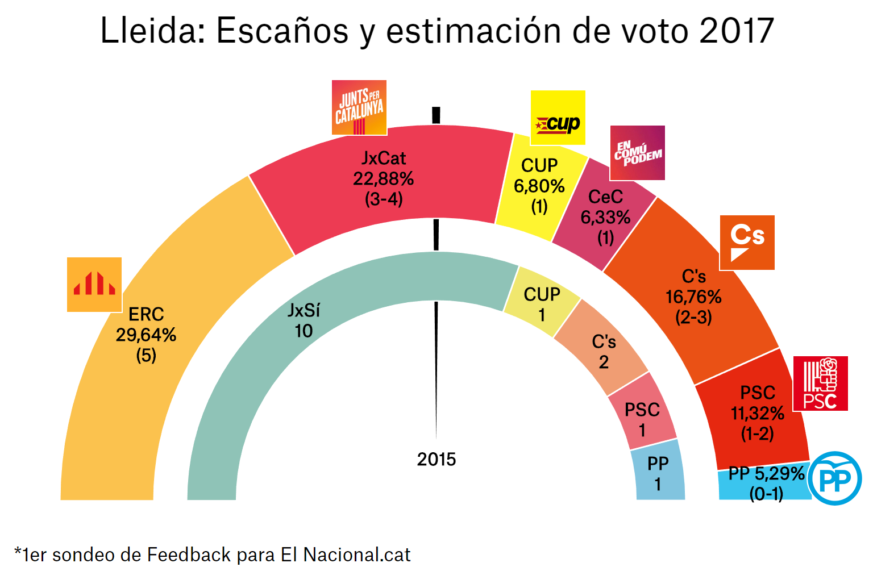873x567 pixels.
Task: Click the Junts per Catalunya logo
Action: [x=359, y=108]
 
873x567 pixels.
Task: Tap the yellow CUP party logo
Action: [x=558, y=118]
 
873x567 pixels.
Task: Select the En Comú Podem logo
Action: [x=637, y=153]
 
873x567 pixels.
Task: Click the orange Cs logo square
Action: [x=747, y=243]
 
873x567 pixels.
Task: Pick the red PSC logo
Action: [x=820, y=383]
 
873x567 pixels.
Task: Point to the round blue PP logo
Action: [x=835, y=478]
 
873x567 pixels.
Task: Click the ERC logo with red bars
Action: [x=94, y=285]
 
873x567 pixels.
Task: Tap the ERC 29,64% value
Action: [x=146, y=335]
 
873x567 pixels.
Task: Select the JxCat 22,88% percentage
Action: [x=384, y=179]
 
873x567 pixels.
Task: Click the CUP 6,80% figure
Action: [x=539, y=186]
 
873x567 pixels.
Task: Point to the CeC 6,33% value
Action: [x=605, y=218]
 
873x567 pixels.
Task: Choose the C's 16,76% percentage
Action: [x=693, y=297]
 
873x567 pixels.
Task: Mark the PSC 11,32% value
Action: [x=757, y=414]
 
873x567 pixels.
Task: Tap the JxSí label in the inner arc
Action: [x=304, y=310]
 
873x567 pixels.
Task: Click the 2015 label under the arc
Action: [x=436, y=459]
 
